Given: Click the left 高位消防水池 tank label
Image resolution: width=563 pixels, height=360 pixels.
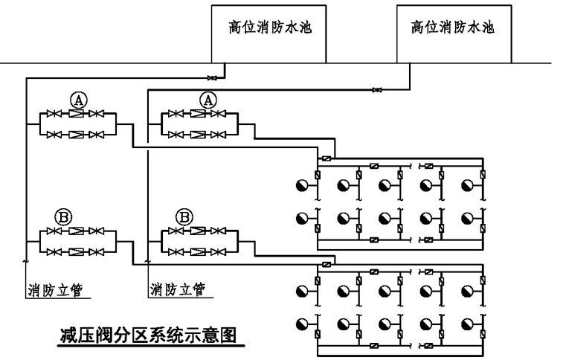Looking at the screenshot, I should [269, 30].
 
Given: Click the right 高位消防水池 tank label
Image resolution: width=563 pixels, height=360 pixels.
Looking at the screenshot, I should [453, 30].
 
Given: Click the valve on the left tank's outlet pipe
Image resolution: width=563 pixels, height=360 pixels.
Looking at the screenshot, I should [213, 77].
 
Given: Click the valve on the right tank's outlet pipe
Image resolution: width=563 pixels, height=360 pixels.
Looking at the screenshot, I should [376, 91].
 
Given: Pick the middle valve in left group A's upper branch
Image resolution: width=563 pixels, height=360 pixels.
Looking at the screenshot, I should [75, 115].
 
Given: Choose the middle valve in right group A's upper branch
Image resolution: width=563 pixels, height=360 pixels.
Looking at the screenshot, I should [199, 115].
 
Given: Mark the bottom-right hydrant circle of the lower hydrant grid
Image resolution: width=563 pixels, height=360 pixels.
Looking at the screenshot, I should [466, 326].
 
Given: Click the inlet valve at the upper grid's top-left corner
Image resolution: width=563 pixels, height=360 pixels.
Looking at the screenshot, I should [326, 158].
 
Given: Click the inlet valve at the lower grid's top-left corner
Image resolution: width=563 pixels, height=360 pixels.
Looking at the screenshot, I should [326, 264].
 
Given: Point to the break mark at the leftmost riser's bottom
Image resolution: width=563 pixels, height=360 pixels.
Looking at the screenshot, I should [26, 261].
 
